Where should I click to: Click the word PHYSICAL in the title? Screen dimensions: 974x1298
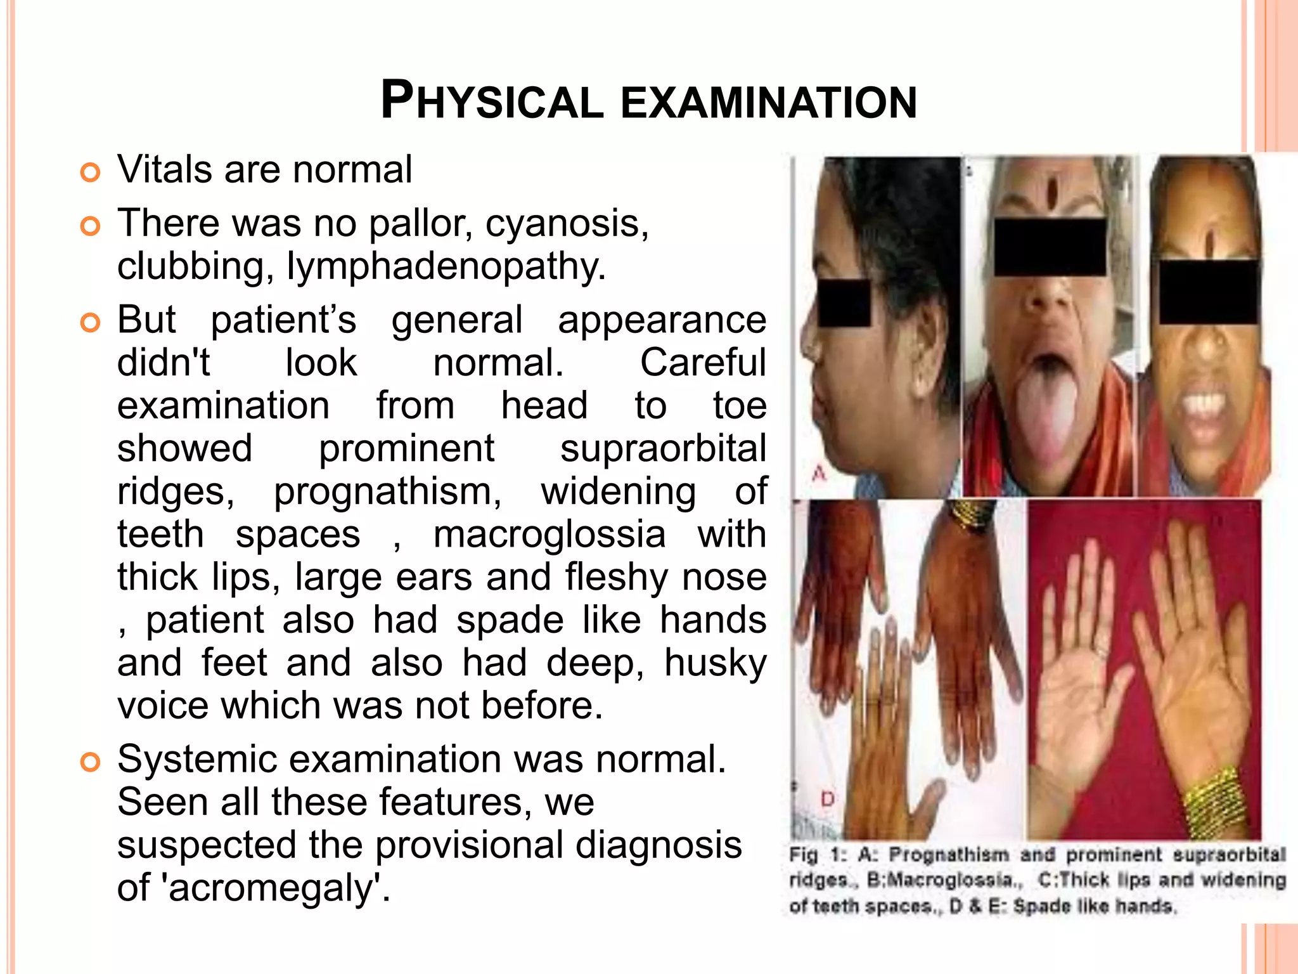pos(492,101)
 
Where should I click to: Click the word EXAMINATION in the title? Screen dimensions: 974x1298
pos(768,103)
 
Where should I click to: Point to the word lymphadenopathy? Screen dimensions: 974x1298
pos(446,266)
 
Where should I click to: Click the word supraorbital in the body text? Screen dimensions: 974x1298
pos(663,448)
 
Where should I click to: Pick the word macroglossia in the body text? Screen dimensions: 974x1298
pos(549,534)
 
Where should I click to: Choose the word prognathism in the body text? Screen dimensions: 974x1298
pos(387,491)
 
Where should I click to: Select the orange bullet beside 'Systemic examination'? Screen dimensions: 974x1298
pos(91,762)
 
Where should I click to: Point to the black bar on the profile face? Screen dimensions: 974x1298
pos(844,303)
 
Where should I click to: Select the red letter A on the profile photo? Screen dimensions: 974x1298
pos(819,473)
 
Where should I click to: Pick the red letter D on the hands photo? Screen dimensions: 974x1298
pos(827,799)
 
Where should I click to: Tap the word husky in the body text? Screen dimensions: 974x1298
pos(715,663)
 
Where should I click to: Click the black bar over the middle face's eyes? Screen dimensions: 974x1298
pos(1050,247)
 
